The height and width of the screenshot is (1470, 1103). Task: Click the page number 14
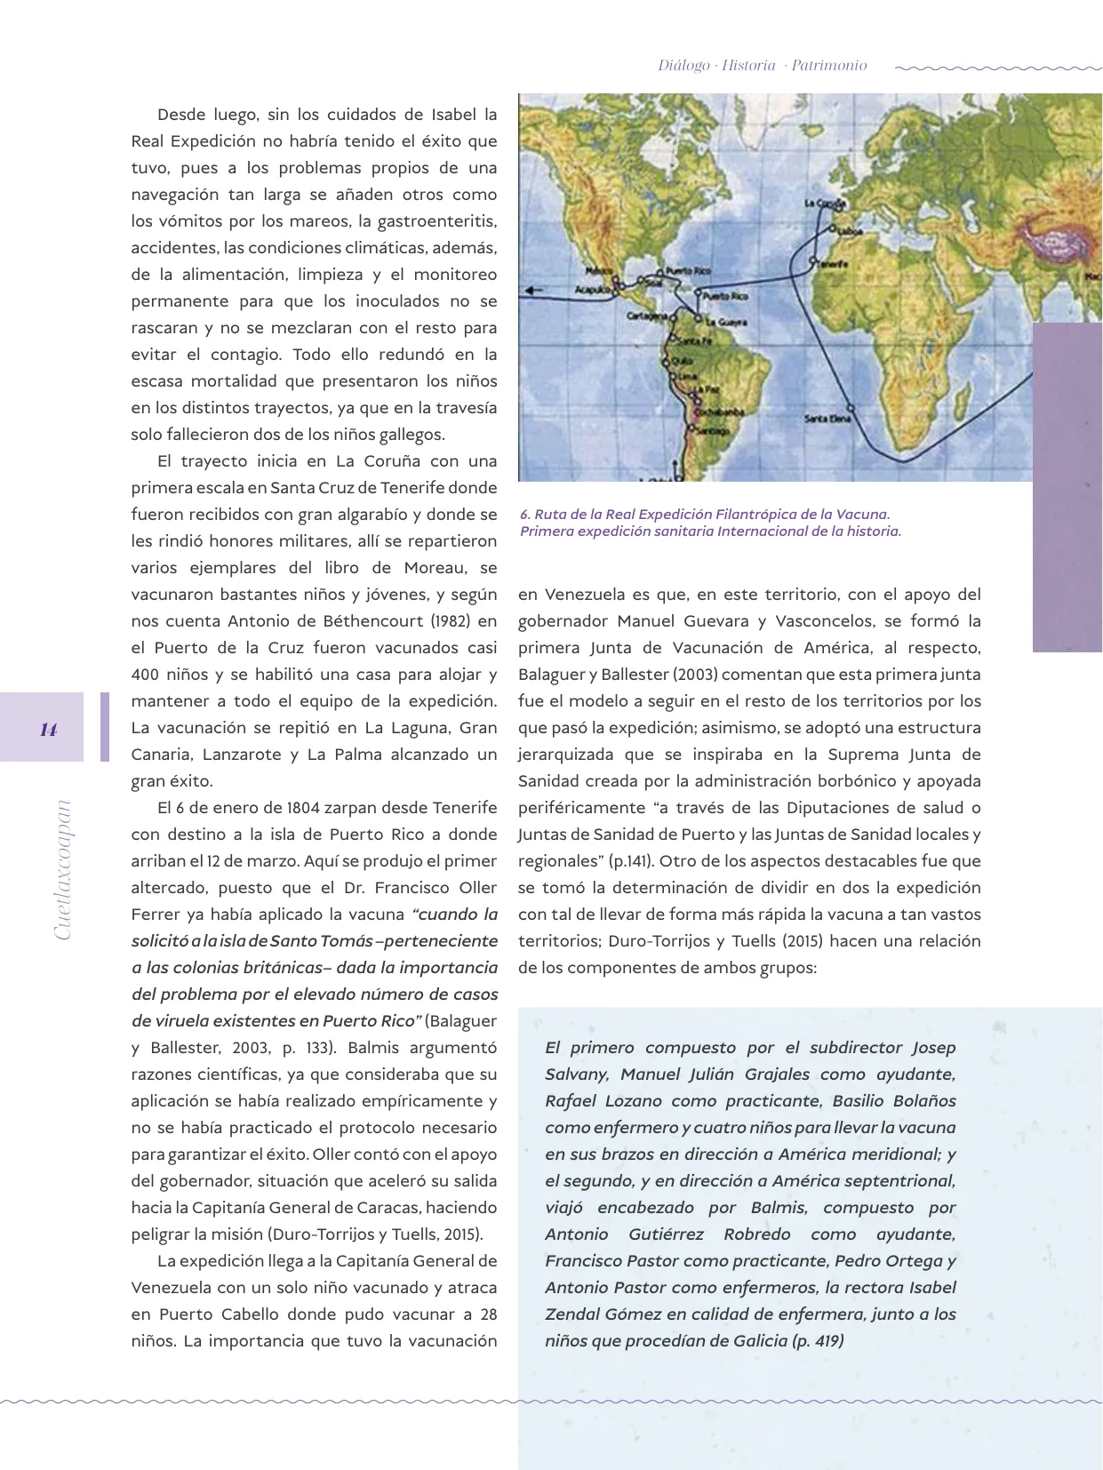[x=48, y=730]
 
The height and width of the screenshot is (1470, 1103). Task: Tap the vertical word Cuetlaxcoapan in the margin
[x=62, y=870]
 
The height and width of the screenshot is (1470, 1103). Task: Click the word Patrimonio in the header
[x=828, y=66]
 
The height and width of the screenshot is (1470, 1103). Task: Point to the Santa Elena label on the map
[x=827, y=418]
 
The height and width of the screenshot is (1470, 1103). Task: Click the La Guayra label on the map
[x=725, y=323]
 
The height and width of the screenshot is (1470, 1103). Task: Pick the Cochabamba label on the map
[x=712, y=412]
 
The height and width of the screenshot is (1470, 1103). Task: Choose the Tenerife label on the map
[x=832, y=264]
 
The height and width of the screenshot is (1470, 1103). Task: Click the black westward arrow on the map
[x=533, y=290]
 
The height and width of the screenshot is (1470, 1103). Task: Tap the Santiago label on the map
[x=711, y=431]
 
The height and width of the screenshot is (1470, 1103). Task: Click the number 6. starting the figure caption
[x=525, y=515]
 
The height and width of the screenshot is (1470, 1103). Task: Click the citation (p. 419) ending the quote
[x=817, y=1341]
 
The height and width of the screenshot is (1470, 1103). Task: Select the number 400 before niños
[x=146, y=675]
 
